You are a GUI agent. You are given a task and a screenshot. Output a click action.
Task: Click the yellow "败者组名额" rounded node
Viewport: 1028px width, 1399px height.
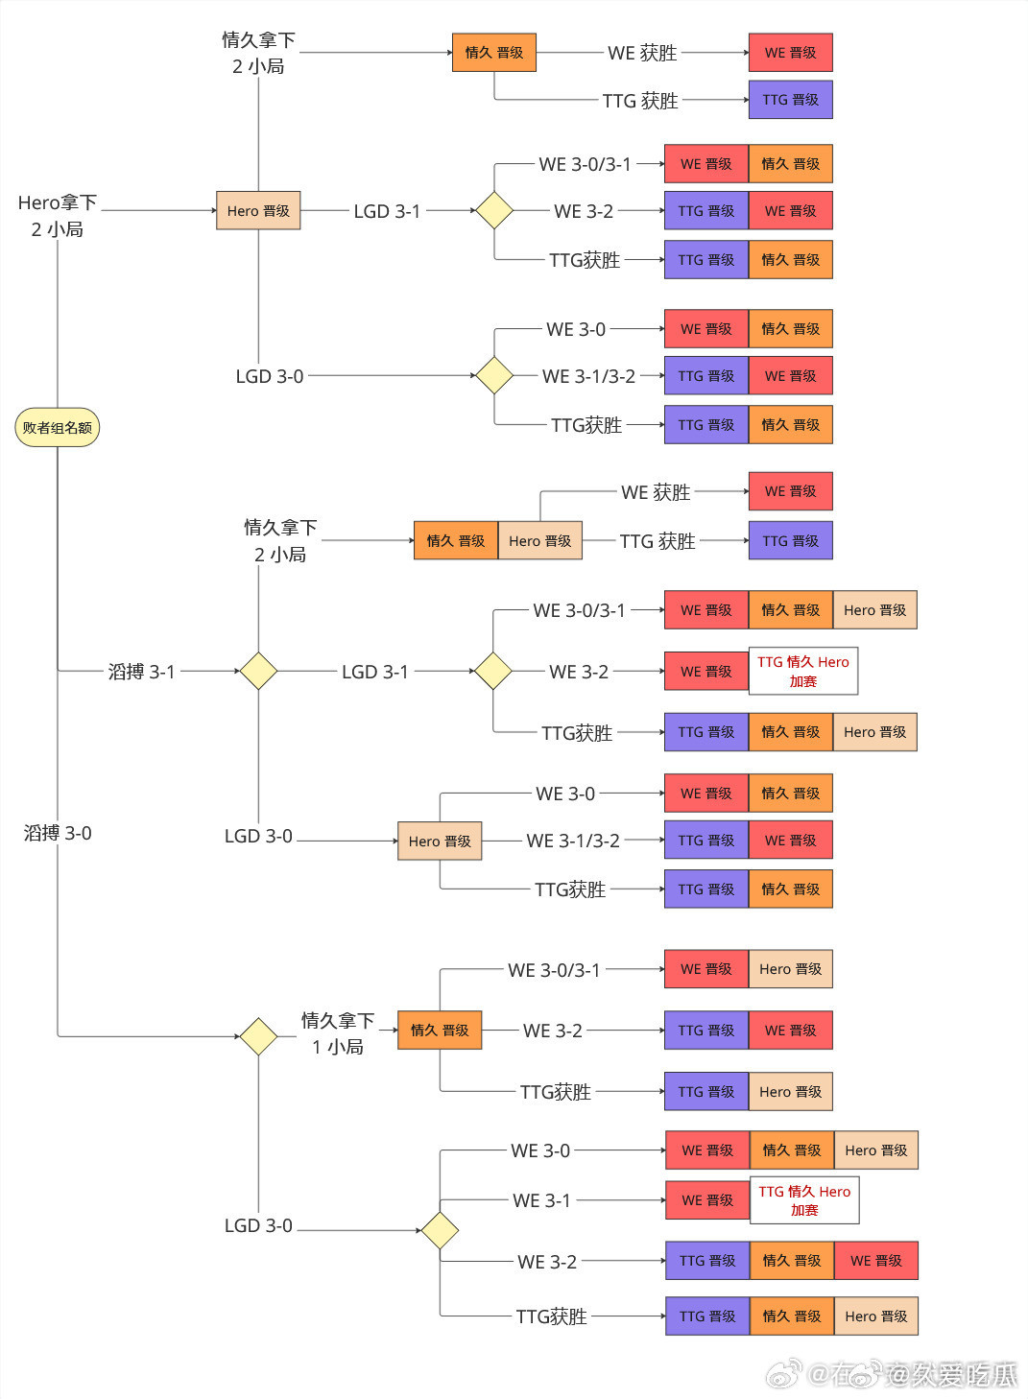pyautogui.click(x=58, y=427)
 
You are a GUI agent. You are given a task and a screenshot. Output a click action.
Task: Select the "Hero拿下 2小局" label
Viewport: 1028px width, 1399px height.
pyautogui.click(x=58, y=216)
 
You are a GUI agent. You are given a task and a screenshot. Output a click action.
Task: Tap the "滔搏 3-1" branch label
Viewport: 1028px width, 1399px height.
pyautogui.click(x=141, y=672)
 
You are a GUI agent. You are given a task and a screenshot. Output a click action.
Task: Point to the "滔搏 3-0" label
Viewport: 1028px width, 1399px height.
pyautogui.click(x=58, y=833)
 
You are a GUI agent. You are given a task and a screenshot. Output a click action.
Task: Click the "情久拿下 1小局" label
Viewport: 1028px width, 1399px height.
pyautogui.click(x=338, y=1033)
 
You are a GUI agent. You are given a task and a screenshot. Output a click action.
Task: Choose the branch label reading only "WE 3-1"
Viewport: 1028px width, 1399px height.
pyautogui.click(x=541, y=1200)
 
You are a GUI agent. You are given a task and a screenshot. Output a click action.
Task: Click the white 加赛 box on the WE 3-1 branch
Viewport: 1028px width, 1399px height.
pyautogui.click(x=804, y=1200)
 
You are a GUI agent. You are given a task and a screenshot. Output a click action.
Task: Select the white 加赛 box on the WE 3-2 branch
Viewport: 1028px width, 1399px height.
pyautogui.click(x=802, y=671)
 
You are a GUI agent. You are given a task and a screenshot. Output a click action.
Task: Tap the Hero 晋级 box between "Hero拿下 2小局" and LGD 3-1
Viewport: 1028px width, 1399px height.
pyautogui.click(x=258, y=211)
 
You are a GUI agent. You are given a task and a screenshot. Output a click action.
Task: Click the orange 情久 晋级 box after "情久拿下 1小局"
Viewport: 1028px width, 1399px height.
pyautogui.click(x=440, y=1031)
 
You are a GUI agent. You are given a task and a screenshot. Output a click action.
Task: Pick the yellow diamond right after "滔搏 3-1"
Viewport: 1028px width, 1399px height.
pyautogui.click(x=258, y=671)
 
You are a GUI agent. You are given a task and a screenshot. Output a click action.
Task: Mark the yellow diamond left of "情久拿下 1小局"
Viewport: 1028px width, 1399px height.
pyautogui.click(x=258, y=1036)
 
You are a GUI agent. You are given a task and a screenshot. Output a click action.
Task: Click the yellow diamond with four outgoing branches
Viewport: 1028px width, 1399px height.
pyautogui.click(x=440, y=1230)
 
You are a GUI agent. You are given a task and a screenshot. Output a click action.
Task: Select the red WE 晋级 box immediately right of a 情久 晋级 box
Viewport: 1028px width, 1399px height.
pyautogui.click(x=875, y=1261)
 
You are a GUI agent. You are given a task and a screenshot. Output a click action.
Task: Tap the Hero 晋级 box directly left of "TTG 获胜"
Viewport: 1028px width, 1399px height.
pyautogui.click(x=540, y=541)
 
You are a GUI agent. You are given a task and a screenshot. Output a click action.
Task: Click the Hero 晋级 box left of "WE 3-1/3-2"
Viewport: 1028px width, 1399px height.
pyautogui.click(x=440, y=842)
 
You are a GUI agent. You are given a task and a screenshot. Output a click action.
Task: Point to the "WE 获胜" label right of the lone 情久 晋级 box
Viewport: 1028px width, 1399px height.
pyautogui.click(x=642, y=53)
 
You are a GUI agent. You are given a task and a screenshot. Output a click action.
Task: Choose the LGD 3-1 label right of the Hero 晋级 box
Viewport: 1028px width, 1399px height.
pyautogui.click(x=387, y=211)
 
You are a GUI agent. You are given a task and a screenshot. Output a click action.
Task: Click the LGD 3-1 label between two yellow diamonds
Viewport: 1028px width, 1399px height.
pyautogui.click(x=375, y=672)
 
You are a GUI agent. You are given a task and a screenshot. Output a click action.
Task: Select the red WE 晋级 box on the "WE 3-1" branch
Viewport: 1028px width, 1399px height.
pyautogui.click(x=707, y=1200)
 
